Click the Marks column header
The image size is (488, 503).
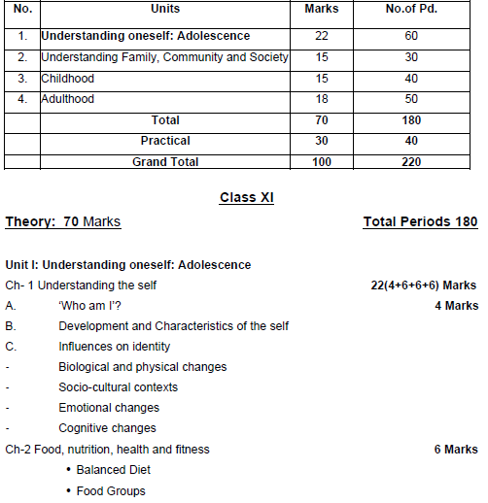tap(314, 8)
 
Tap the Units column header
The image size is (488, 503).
tap(166, 8)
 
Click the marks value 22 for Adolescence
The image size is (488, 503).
tap(314, 36)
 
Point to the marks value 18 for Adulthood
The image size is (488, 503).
tap(314, 99)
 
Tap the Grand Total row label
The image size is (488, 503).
tap(165, 162)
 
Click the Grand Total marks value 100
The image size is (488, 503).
tap(314, 162)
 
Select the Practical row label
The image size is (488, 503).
tap(165, 142)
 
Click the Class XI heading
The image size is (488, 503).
tap(247, 197)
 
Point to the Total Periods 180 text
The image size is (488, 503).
tap(420, 222)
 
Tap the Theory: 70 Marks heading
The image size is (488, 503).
tap(63, 222)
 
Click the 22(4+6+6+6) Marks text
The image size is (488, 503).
tap(419, 285)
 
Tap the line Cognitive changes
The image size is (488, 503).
tap(107, 428)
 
